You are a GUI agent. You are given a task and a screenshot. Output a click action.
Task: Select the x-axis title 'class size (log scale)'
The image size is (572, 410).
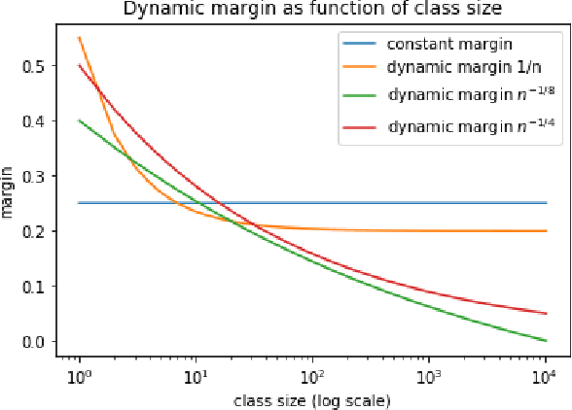[311, 399]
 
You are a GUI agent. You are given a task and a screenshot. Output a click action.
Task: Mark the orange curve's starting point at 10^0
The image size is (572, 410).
[79, 38]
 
